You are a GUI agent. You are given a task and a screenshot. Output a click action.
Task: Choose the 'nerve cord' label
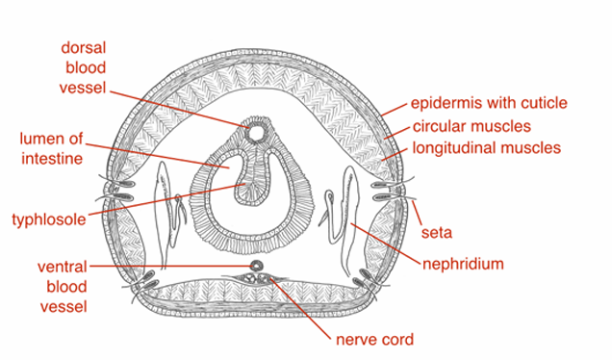(374, 339)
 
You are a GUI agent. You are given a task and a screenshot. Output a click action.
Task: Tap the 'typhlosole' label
(49, 219)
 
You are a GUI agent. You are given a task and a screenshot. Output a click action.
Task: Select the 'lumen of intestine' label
(46, 147)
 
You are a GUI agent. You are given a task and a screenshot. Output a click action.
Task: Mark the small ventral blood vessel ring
(257, 263)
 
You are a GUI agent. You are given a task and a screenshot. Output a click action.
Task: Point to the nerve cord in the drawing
(258, 280)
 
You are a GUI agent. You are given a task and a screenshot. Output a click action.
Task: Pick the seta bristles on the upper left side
(117, 189)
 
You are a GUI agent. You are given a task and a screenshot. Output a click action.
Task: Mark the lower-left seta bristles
(144, 282)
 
